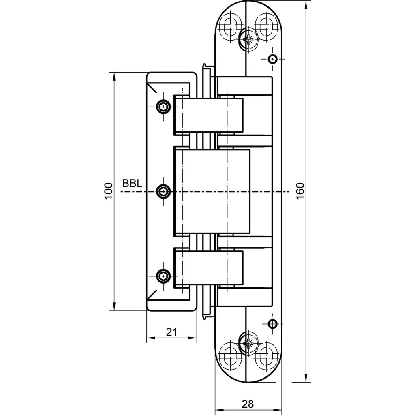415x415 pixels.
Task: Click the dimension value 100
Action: point(109,191)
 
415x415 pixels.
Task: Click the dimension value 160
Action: point(300,191)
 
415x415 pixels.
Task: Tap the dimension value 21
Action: point(171,332)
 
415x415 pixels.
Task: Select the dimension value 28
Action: point(248,404)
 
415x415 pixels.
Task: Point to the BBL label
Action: point(132,183)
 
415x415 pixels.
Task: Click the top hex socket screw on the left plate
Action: point(163,107)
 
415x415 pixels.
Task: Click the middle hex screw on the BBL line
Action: point(163,191)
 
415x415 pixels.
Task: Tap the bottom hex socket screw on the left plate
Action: point(163,276)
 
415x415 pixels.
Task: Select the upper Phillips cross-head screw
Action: point(248,39)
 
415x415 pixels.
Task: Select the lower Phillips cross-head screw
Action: point(248,343)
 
